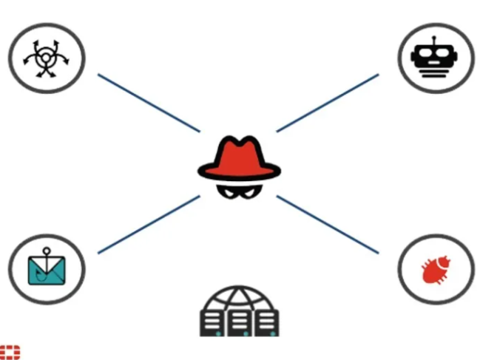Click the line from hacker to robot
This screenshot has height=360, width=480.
(x=327, y=103)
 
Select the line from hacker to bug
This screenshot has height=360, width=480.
(x=327, y=224)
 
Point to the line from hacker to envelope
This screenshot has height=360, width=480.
(x=148, y=225)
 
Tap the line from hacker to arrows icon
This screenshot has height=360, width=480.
(x=148, y=103)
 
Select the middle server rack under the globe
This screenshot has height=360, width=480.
(x=239, y=322)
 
